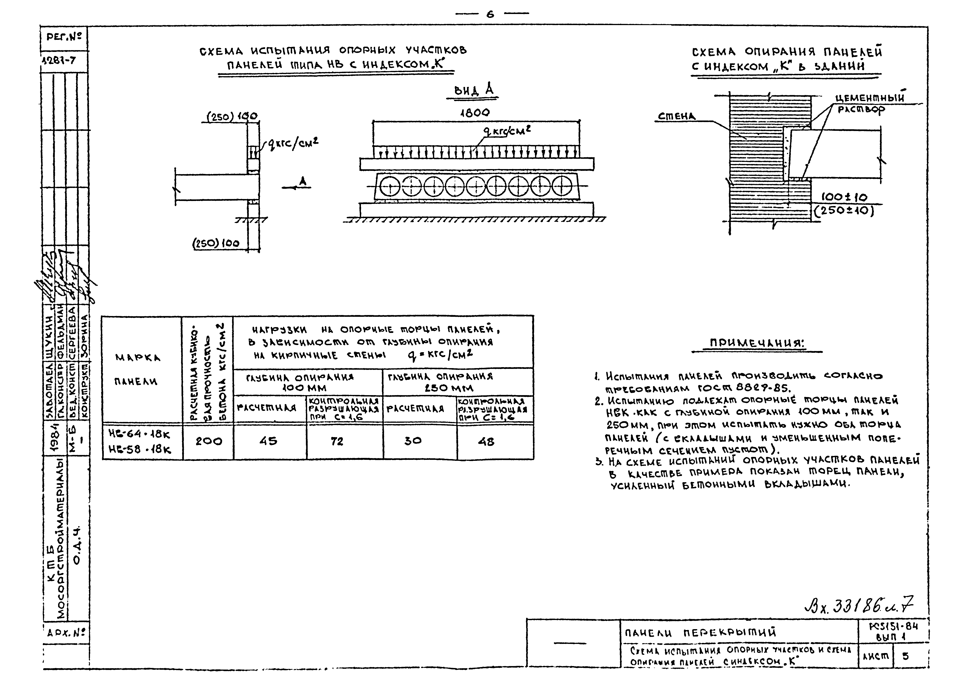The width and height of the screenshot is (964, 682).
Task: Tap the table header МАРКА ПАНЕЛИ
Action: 137,369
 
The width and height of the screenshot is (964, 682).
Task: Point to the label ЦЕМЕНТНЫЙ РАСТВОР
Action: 869,103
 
